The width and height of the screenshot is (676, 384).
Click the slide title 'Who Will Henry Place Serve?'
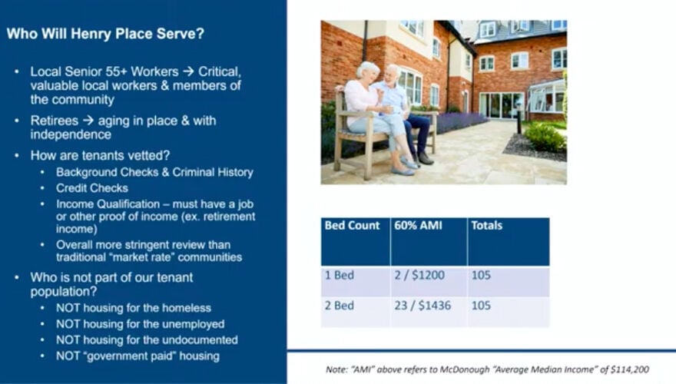click(x=110, y=35)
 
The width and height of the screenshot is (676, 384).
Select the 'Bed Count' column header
click(x=352, y=226)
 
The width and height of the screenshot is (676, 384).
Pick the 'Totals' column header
click(x=487, y=226)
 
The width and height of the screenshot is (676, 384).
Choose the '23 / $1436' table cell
click(x=422, y=306)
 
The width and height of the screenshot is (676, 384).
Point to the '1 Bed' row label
click(x=339, y=275)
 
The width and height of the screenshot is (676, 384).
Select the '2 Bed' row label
click(x=339, y=306)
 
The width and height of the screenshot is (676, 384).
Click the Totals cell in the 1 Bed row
click(x=482, y=275)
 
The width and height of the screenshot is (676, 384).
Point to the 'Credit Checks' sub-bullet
click(x=91, y=187)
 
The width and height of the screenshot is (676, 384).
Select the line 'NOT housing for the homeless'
click(x=133, y=308)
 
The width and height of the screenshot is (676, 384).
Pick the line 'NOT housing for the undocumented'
click(x=146, y=339)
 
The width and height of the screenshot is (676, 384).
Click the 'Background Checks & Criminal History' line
click(x=154, y=172)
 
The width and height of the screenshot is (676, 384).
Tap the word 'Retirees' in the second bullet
click(x=54, y=121)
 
